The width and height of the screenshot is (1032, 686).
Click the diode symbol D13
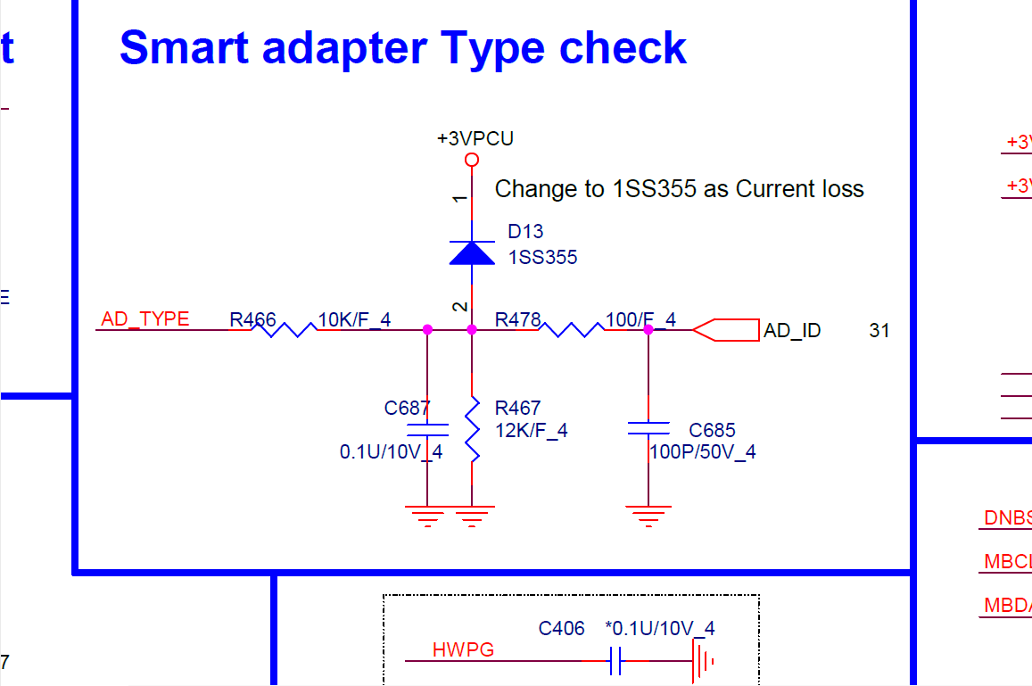pyautogui.click(x=472, y=253)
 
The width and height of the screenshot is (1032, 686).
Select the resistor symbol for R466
pyautogui.click(x=284, y=330)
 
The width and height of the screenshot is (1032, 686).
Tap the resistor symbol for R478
pyautogui.click(x=572, y=330)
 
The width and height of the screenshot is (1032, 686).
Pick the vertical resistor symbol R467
pyautogui.click(x=472, y=429)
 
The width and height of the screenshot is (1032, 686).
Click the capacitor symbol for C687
pyautogui.click(x=427, y=429)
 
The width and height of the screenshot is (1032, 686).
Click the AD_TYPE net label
pyautogui.click(x=145, y=319)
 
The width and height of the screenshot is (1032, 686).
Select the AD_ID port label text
pyautogui.click(x=792, y=331)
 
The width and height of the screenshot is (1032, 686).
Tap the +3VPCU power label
pyautogui.click(x=475, y=139)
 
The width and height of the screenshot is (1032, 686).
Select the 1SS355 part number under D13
pyautogui.click(x=542, y=258)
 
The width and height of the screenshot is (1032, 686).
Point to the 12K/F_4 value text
pyautogui.click(x=532, y=431)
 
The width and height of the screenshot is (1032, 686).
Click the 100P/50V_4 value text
pyautogui.click(x=703, y=452)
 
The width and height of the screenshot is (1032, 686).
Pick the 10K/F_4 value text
pyautogui.click(x=354, y=319)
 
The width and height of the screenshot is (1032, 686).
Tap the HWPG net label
pyautogui.click(x=463, y=650)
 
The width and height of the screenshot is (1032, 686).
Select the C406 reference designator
pyautogui.click(x=561, y=629)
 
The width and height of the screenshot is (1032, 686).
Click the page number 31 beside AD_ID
pyautogui.click(x=879, y=331)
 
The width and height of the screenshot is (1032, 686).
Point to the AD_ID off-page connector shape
pyautogui.click(x=725, y=330)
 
